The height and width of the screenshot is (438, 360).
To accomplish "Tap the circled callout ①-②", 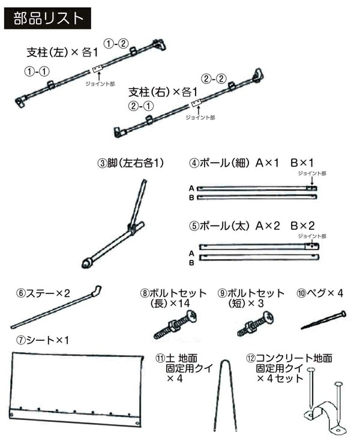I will [116, 43].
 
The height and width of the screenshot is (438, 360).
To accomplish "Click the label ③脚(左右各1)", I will [131, 163].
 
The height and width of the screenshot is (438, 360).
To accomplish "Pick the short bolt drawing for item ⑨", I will [253, 325].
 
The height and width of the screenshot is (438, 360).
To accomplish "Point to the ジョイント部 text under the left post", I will [98, 85].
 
